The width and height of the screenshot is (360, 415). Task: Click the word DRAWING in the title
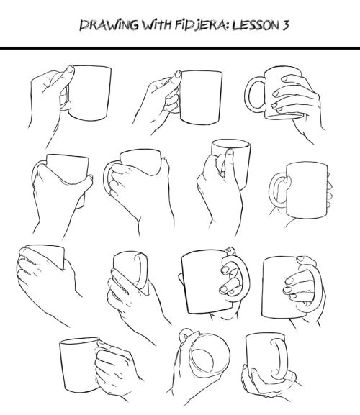point(109,25)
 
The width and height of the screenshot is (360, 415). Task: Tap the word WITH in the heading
point(157,25)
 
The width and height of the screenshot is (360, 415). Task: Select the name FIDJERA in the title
point(201,25)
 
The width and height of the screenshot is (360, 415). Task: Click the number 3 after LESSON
point(285,25)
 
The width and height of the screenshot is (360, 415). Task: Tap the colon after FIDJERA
point(229,26)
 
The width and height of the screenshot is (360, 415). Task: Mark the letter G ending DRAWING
point(133,25)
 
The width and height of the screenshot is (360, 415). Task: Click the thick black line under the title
point(180,48)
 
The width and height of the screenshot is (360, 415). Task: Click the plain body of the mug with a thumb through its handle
point(307,191)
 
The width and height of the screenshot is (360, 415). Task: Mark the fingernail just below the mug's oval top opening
point(230,152)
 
